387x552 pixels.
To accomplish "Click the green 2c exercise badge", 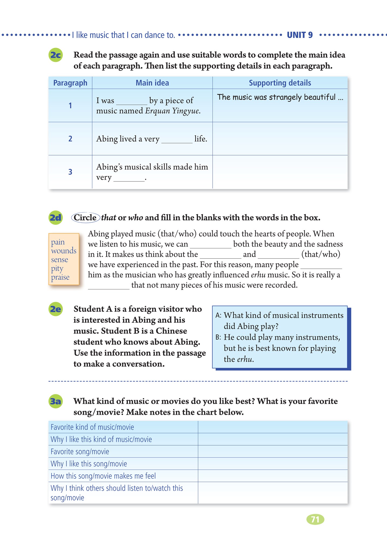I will coord(56,55).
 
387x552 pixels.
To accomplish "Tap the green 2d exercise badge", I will coord(56,218).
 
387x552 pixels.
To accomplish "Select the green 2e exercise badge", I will coord(56,309).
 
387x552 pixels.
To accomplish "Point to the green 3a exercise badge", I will coord(56,401).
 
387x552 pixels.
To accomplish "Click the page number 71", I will coord(315,519).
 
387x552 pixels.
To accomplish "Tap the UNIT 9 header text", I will coord(300,35).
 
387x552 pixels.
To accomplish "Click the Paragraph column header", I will coord(70,83).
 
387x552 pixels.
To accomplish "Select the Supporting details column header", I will coord(280,83).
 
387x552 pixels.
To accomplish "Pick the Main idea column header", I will coord(152,83).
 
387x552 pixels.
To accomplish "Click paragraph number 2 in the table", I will coord(70,139).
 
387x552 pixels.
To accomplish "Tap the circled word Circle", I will coord(85,218).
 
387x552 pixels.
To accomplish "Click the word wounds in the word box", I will coord(64,251).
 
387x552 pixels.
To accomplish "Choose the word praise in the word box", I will coord(60,277).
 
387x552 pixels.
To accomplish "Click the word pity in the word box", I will coord(57,268).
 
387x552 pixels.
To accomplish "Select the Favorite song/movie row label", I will coord(80,451).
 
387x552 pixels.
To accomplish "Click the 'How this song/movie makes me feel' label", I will coord(103,476).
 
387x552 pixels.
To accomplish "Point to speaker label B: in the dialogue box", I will coord(218,337).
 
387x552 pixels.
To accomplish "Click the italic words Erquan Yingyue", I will coord(172,111).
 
